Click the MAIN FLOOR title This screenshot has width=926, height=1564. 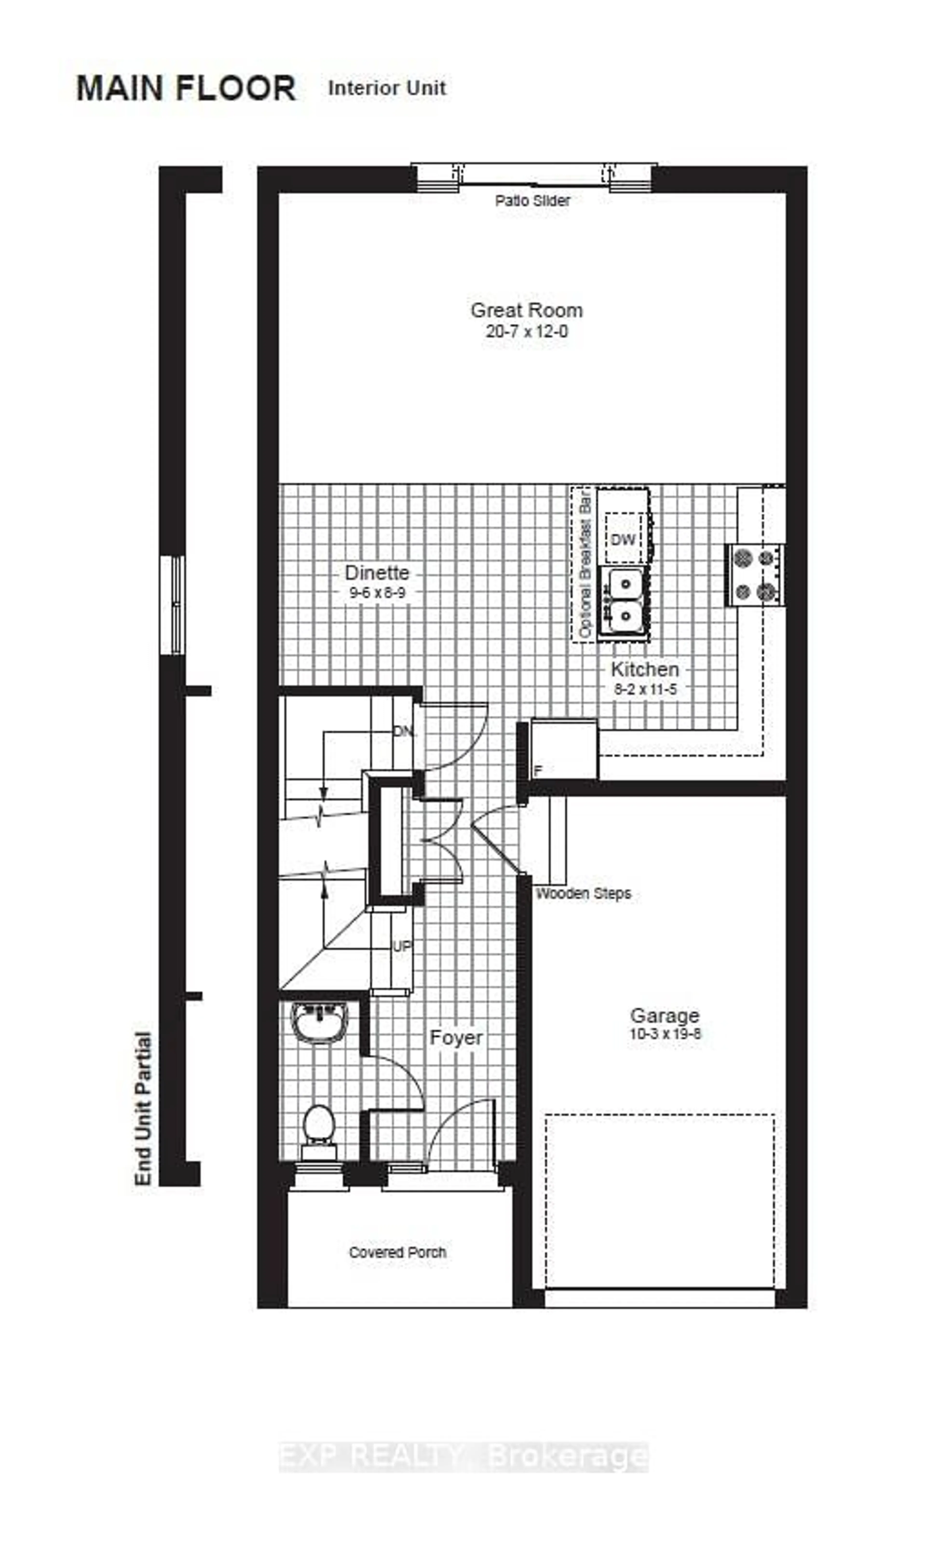(x=186, y=88)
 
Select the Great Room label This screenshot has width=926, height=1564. (x=527, y=310)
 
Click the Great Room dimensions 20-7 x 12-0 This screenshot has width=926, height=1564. (x=527, y=331)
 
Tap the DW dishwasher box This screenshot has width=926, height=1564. (x=623, y=539)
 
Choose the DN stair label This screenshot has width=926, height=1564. (x=404, y=731)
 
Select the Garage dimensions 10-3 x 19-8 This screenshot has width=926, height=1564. (x=665, y=1034)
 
